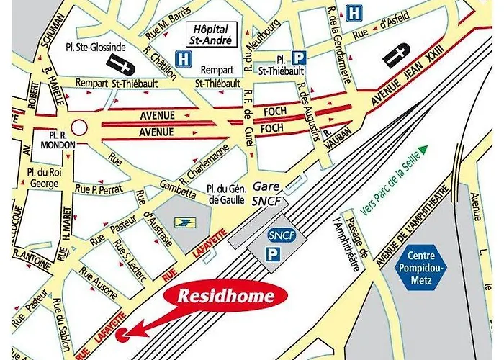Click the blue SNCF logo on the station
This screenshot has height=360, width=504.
pyautogui.click(x=277, y=235)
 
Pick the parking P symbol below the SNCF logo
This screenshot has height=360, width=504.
pyautogui.click(x=272, y=254)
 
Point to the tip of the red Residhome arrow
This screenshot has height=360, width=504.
pyautogui.click(x=125, y=333)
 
